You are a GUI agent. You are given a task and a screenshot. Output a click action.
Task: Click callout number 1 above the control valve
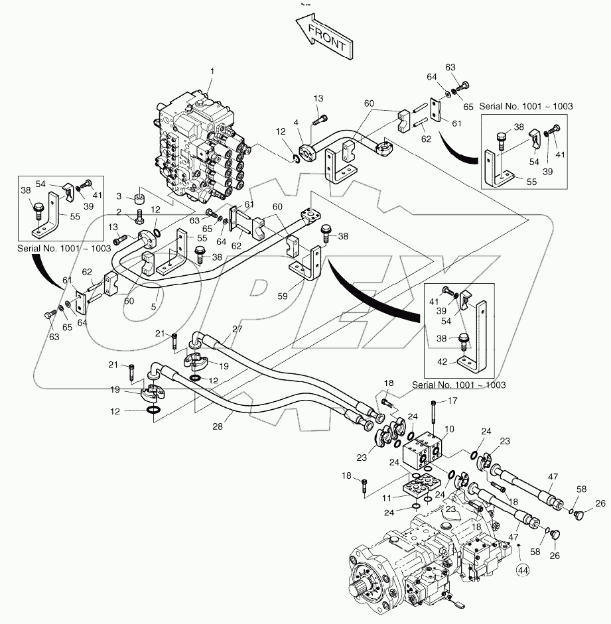(212, 70)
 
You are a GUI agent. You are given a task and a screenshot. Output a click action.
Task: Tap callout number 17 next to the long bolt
(453, 401)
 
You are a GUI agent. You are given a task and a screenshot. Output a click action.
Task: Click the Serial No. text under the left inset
(64, 249)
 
